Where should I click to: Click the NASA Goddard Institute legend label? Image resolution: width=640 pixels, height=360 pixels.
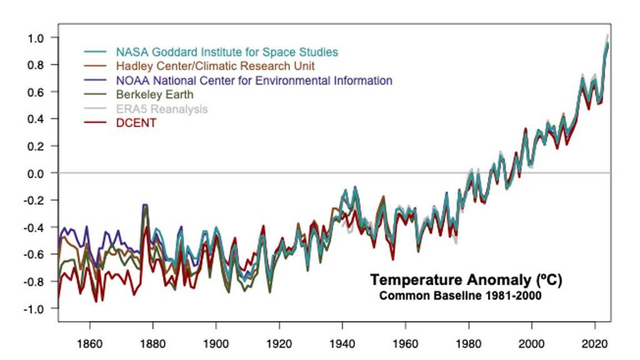point(227,52)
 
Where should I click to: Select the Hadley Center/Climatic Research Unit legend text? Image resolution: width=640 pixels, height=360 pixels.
point(216,66)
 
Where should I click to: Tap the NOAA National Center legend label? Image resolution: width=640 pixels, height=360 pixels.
point(254,81)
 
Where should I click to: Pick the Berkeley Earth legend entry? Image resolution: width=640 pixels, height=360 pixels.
point(154,94)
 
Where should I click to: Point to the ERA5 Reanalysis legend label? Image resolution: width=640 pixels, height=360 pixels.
point(162,109)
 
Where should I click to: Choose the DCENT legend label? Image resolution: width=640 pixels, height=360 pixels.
point(136,123)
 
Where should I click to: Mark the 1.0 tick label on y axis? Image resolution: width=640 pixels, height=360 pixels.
point(36,38)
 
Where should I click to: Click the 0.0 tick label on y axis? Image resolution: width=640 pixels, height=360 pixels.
point(36,173)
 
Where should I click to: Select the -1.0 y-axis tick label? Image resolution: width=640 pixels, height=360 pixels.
point(34,309)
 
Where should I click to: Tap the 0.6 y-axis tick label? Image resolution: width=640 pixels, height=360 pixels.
point(36,92)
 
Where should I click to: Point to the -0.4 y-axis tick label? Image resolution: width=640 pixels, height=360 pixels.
point(34,227)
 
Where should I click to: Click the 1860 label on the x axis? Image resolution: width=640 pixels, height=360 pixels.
point(90,343)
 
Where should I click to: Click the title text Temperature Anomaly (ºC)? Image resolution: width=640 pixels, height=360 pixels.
point(466,280)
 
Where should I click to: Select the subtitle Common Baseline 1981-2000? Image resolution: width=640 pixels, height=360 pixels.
point(460,296)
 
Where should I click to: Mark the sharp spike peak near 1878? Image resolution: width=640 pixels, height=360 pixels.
point(145,205)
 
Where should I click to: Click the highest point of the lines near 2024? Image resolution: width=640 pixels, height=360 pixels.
point(607,35)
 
